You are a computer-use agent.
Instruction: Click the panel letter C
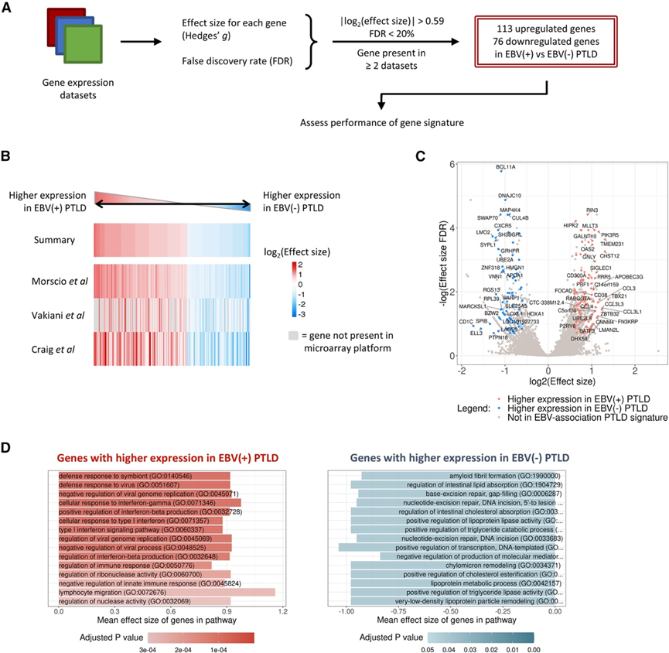coord(421,156)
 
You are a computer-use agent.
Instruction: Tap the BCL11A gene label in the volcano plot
coord(506,167)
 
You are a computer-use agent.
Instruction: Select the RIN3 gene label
coord(592,210)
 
